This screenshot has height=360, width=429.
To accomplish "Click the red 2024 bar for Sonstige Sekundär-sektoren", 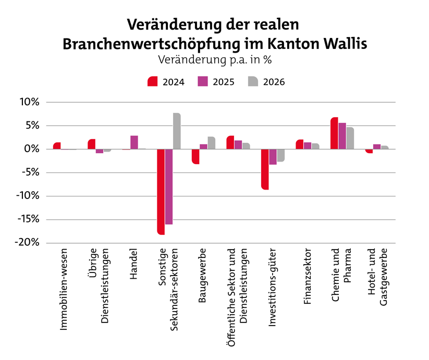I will [x=161, y=192].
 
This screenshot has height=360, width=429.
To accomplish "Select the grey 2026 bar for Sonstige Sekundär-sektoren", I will [x=177, y=131].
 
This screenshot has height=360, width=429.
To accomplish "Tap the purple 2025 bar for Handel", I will [x=134, y=142].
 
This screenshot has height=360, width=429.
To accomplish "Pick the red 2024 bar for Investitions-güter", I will [x=265, y=169].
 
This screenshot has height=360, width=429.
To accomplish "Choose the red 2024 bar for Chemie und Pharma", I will [x=334, y=133].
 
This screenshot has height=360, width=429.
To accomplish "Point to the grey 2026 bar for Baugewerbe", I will [x=211, y=143].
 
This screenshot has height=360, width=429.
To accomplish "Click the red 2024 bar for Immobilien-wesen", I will [x=57, y=146].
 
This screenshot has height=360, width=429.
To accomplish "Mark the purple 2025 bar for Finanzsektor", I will [x=308, y=146].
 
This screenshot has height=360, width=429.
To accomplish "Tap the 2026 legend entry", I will [x=266, y=82].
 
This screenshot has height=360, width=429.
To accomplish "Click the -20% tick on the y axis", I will [x=28, y=243].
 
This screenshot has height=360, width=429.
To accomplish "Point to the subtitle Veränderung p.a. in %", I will [x=214, y=59].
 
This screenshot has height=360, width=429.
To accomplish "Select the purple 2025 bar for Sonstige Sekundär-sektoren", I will [x=169, y=187].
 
